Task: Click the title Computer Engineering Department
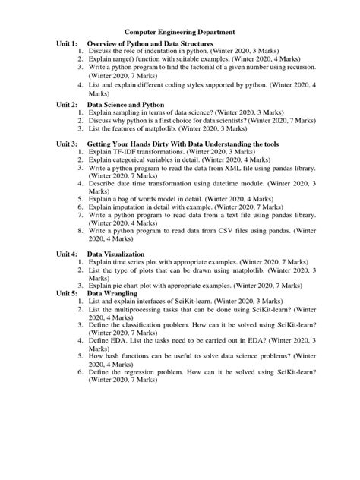point(179,32)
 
